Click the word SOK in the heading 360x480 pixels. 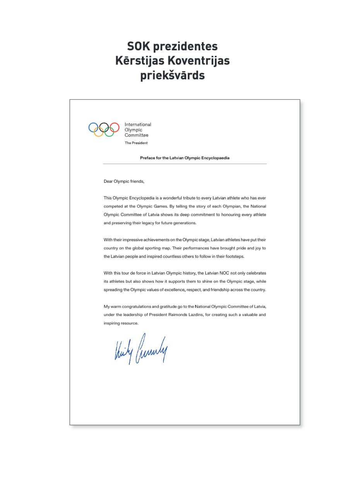pos(138,46)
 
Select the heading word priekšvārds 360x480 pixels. pos(172,75)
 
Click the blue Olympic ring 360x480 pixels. pos(93,127)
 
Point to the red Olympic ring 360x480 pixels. pos(114,127)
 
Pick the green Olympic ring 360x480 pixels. pos(109,132)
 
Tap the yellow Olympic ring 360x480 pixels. pos(99,132)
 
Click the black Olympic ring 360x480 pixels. pos(104,127)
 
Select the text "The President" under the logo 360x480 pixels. pos(136,143)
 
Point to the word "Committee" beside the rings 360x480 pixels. pos(136,135)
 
